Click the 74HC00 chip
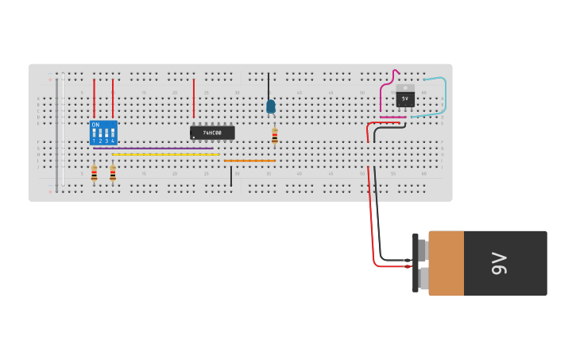212,133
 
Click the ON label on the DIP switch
95,125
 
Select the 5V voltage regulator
405,99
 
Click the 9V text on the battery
498,263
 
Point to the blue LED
271,106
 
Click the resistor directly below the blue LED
275,137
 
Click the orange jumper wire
249,161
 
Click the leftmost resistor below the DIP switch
94,173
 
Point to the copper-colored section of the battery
446,263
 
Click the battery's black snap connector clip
416,263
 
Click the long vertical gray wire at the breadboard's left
56,131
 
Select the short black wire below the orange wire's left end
231,176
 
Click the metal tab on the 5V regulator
405,87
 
